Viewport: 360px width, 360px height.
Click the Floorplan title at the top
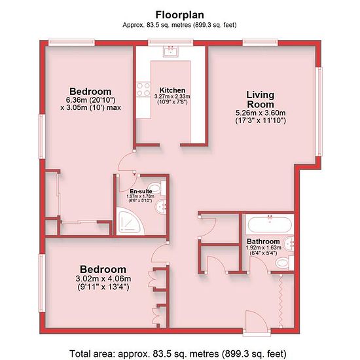coord(180,15)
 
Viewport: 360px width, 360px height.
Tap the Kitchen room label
coord(172,90)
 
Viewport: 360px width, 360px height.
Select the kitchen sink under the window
coord(171,51)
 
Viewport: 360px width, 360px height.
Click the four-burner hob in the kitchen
coord(143,89)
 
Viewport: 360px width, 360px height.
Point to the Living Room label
coord(261,99)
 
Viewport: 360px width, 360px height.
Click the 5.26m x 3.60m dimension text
coord(261,113)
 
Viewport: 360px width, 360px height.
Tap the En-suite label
coord(141,191)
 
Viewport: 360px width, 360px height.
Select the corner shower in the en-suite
coord(130,221)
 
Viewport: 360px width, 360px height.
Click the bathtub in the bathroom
coord(270,224)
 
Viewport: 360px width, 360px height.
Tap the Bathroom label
coord(263,242)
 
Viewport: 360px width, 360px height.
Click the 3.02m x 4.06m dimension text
coord(103,278)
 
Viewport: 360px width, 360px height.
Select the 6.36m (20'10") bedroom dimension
coord(90,100)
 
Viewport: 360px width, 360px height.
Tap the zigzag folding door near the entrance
coord(281,300)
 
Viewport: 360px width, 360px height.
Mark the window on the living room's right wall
coord(319,111)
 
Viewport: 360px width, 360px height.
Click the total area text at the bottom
coord(178,353)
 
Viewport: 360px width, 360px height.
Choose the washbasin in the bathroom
coord(289,243)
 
